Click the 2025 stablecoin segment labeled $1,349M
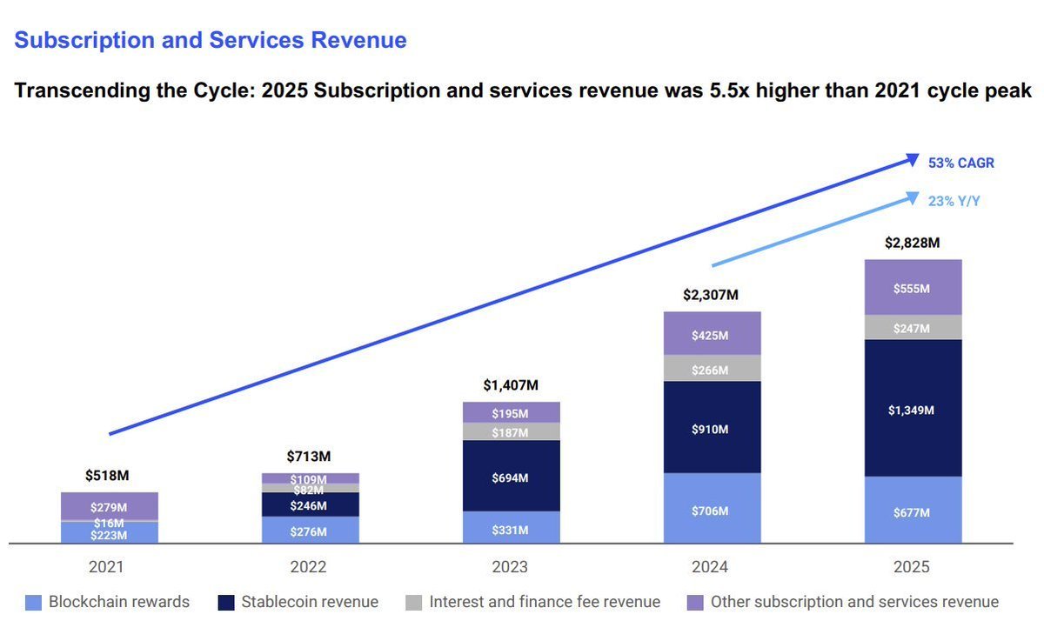[912, 409]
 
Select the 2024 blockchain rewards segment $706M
[712, 510]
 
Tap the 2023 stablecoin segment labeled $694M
[511, 477]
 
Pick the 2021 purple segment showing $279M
[109, 506]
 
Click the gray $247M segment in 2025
[912, 328]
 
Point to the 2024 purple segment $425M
[712, 334]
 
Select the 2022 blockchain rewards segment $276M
[309, 531]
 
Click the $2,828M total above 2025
[911, 243]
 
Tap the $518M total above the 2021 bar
[109, 476]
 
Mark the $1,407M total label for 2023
[511, 385]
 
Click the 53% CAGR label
[961, 163]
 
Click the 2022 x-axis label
[309, 567]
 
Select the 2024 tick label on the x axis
[712, 567]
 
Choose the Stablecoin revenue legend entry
[310, 602]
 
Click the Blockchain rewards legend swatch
[34, 602]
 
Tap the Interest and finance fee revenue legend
[545, 602]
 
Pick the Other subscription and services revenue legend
[854, 602]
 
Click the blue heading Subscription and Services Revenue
[211, 40]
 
